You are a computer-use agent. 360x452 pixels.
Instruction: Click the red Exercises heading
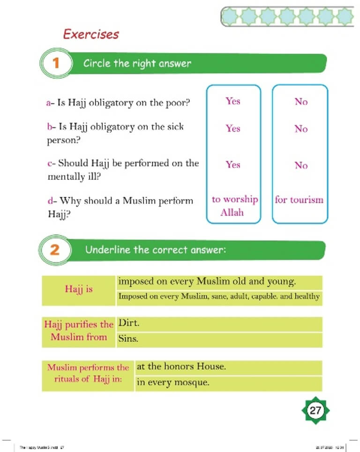(x=91, y=34)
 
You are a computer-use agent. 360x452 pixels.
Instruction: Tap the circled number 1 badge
(x=56, y=63)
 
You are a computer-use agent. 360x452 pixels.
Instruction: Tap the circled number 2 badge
(x=55, y=250)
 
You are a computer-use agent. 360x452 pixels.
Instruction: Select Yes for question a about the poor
(x=232, y=101)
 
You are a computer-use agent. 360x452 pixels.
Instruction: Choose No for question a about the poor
(x=301, y=102)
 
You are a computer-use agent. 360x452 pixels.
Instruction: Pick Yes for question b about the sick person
(x=232, y=128)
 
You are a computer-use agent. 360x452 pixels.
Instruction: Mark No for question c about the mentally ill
(x=301, y=165)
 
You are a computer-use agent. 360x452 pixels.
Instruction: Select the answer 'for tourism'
(x=299, y=200)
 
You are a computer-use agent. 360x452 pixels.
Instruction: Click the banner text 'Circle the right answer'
(x=137, y=63)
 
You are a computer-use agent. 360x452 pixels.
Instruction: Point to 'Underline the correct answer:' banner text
(x=156, y=250)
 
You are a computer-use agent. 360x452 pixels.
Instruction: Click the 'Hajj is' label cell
(x=79, y=289)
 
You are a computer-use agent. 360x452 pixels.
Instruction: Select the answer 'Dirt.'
(x=129, y=324)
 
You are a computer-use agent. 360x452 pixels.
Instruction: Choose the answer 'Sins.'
(x=128, y=339)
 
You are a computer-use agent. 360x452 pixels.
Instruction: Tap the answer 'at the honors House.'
(x=181, y=367)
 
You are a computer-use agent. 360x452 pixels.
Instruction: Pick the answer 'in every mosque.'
(x=172, y=383)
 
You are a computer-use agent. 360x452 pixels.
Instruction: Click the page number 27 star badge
(x=315, y=411)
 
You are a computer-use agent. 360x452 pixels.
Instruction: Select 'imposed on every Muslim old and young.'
(x=207, y=282)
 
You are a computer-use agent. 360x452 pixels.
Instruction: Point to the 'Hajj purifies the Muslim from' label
(x=79, y=331)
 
